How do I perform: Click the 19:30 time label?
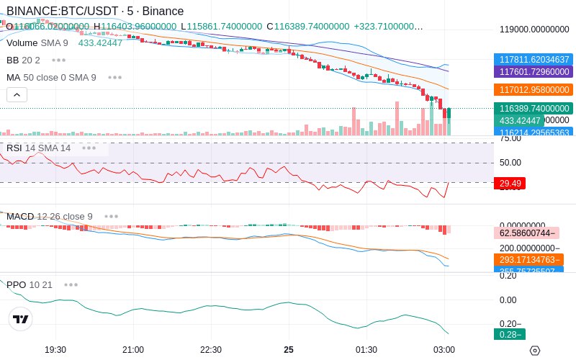(55, 349)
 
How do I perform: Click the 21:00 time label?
(133, 349)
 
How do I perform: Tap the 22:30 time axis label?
(211, 349)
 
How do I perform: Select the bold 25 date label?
(289, 349)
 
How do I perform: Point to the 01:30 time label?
(366, 349)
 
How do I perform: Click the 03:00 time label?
(444, 349)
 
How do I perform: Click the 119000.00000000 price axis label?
(534, 30)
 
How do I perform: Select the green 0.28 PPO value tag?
(508, 334)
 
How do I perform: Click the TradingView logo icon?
(21, 319)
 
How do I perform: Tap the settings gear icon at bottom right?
(534, 351)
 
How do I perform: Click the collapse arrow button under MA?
(17, 94)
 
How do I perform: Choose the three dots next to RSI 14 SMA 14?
(89, 148)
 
